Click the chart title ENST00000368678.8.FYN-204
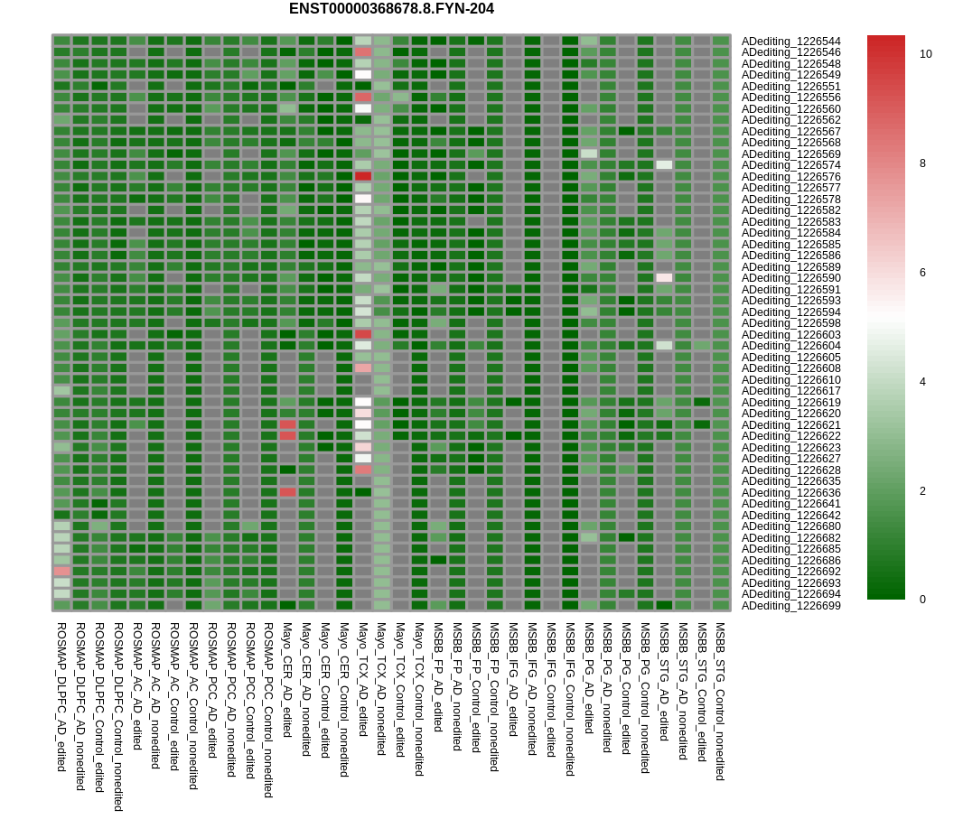click(x=391, y=9)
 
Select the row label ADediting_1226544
click(x=790, y=42)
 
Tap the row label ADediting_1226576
click(x=790, y=177)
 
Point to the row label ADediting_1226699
click(x=790, y=606)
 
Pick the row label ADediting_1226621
click(x=790, y=425)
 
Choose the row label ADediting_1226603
click(x=790, y=335)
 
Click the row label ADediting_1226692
click(x=790, y=572)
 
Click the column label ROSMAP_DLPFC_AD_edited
click(x=61, y=695)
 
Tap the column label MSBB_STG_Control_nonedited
click(x=721, y=701)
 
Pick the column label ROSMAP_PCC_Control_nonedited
click(x=268, y=709)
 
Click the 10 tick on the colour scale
click(x=926, y=54)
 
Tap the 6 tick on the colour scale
click(x=926, y=273)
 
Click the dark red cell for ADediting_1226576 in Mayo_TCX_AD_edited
click(x=363, y=176)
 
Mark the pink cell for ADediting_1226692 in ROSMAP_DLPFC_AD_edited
click(x=61, y=571)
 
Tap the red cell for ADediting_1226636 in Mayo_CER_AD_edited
click(x=287, y=492)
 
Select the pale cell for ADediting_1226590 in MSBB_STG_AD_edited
click(x=664, y=277)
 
